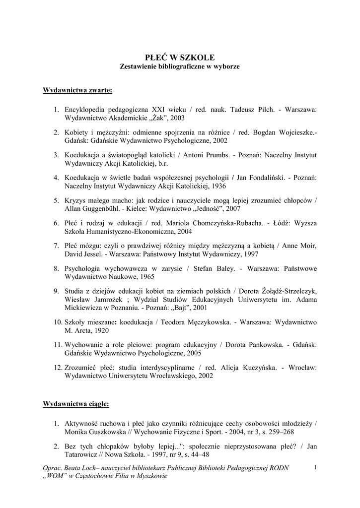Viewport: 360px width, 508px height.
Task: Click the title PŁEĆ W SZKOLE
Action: [x=180, y=58]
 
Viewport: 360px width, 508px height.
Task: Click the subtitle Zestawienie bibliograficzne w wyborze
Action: [x=180, y=66]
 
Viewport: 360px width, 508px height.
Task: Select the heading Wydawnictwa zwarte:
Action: [x=77, y=91]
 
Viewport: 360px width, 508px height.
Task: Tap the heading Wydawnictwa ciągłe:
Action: [x=76, y=403]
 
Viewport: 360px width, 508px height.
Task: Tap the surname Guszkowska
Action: [x=108, y=432]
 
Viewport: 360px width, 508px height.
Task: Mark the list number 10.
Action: [x=58, y=321]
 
